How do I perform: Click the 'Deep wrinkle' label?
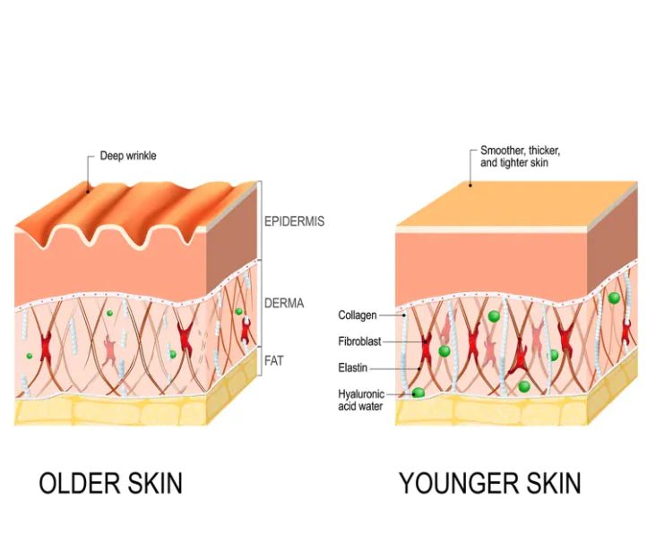[x=127, y=156]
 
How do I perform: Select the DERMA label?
[x=284, y=303]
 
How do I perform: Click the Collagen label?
[x=357, y=315]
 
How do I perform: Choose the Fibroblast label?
[x=359, y=341]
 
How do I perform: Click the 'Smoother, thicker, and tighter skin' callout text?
[x=521, y=157]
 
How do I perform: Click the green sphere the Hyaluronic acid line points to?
[x=418, y=392]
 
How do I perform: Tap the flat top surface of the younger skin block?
[x=515, y=199]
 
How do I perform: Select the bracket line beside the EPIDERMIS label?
[x=260, y=220]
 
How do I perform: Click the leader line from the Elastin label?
[x=392, y=367]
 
